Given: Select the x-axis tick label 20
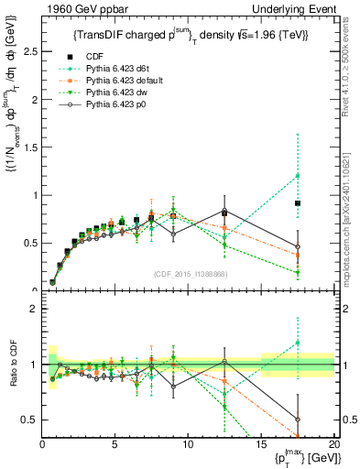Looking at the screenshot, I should point(334,445).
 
